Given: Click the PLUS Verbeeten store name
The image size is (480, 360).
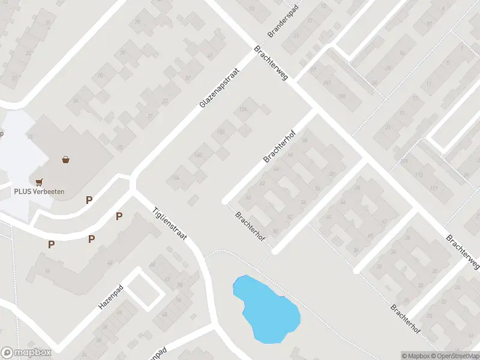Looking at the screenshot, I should (40, 191).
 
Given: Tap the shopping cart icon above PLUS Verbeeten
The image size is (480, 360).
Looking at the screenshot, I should (40, 181).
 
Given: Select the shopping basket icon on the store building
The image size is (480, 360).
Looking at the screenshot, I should (65, 160).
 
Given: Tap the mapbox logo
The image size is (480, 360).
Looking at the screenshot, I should (26, 353).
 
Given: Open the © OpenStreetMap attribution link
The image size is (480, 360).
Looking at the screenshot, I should (457, 356).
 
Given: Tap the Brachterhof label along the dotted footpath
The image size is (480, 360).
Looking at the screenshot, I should (250, 226).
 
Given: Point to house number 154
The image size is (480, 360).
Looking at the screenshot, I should (243, 109).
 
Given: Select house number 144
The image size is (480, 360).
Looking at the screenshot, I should (176, 177).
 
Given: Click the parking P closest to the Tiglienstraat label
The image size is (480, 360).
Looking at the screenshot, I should (119, 216).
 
